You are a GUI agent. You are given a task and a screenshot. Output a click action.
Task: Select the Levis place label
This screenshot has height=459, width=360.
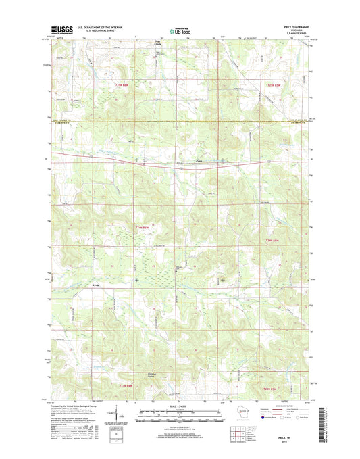point(97,285)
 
